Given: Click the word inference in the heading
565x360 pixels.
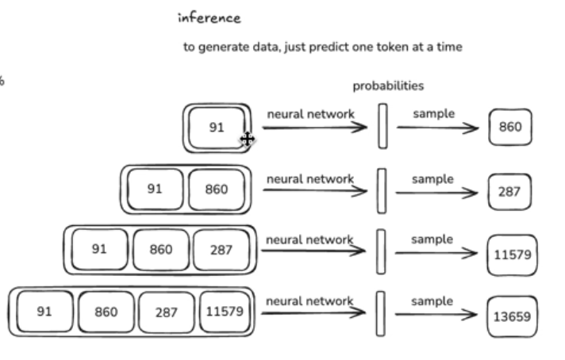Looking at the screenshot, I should [x=209, y=17].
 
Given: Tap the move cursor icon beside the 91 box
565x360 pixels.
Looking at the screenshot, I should [x=247, y=140].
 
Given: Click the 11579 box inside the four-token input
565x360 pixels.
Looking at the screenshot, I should [x=225, y=312].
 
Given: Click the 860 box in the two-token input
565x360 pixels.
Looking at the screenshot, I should [x=216, y=189].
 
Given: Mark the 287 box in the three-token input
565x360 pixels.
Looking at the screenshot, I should [x=221, y=249].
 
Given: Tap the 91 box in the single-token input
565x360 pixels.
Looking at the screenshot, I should [x=217, y=127].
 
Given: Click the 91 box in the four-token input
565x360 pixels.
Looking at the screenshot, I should [x=44, y=312].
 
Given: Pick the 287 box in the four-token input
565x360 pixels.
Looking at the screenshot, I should [x=167, y=312].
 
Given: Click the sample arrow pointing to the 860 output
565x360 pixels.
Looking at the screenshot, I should [x=437, y=127].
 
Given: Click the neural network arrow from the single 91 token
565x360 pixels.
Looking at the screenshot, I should [x=316, y=128].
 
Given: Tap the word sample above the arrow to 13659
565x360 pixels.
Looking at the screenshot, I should [x=432, y=301].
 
